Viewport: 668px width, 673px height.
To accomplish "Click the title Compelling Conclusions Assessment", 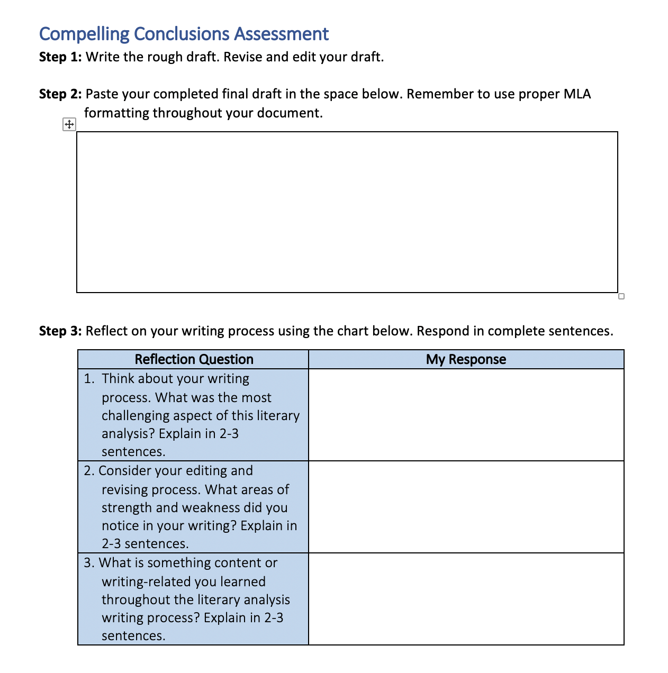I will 184,34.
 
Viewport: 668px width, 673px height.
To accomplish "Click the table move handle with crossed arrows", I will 69,125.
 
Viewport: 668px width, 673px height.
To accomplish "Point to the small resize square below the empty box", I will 621,296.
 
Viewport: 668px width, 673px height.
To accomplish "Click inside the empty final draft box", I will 347,212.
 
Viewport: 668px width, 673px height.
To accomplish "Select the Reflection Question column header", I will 194,359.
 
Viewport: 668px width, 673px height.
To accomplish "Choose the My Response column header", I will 466,359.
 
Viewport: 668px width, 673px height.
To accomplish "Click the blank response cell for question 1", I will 466,415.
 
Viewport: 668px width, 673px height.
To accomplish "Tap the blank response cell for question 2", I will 466,507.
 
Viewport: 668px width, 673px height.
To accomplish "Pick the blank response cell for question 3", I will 466,599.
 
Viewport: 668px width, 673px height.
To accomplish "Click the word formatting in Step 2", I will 116,113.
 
